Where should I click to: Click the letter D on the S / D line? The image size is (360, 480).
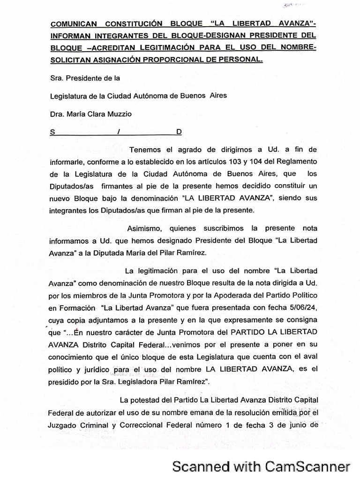click(x=179, y=132)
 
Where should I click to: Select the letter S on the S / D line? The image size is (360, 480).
click(x=52, y=132)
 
